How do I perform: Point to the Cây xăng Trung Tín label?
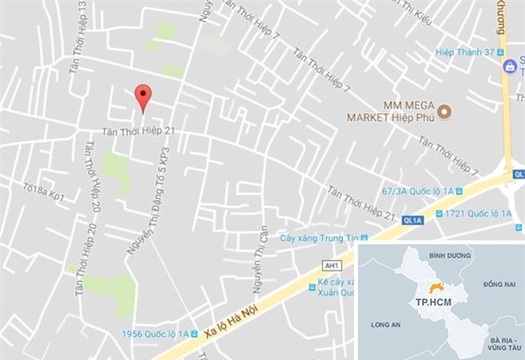317,238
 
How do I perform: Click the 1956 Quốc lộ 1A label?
154,334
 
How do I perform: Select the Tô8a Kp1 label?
44,191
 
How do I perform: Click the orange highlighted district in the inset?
437,288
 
